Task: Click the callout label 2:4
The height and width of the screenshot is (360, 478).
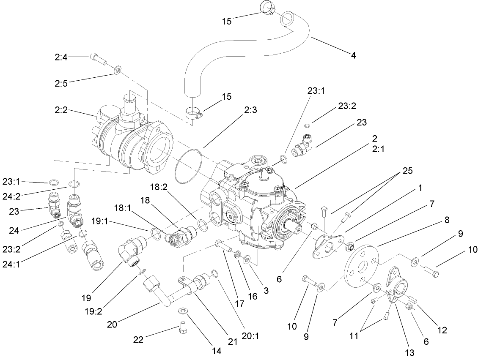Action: point(61,57)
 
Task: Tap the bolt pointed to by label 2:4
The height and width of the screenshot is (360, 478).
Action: point(98,59)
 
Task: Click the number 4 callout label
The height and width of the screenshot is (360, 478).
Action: point(353,55)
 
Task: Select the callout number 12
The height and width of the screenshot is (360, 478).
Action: point(442,330)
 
